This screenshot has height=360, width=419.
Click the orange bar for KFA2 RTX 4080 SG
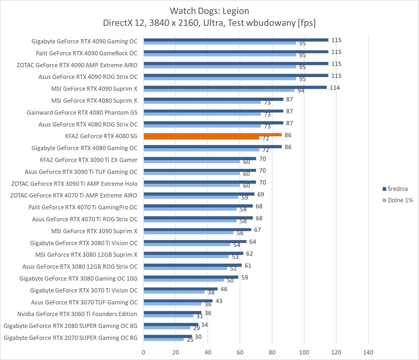point(213,135)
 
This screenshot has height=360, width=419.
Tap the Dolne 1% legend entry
point(400,200)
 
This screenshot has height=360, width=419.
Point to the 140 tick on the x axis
point(368,352)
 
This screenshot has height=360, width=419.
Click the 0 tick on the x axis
point(144,352)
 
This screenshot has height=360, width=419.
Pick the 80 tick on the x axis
point(272,352)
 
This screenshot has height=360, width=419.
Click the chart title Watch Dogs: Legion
point(209,10)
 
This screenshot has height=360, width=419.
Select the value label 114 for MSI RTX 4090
point(335,88)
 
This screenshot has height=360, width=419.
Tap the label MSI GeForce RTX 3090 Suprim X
point(94,231)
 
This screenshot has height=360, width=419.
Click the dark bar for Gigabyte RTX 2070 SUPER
point(168,336)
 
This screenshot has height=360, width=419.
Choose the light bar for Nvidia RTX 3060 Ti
point(169,316)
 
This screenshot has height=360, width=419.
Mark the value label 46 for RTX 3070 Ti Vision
point(223,289)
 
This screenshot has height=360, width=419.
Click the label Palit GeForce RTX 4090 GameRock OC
point(86,53)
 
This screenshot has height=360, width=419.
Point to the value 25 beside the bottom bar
point(190,340)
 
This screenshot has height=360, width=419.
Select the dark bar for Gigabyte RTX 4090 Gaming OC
point(236,40)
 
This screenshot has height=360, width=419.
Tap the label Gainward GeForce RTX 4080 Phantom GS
point(82,112)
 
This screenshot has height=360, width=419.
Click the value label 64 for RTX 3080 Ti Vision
point(253,242)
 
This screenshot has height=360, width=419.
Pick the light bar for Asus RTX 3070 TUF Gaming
point(173,304)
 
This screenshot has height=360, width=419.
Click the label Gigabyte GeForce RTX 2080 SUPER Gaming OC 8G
point(71,326)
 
